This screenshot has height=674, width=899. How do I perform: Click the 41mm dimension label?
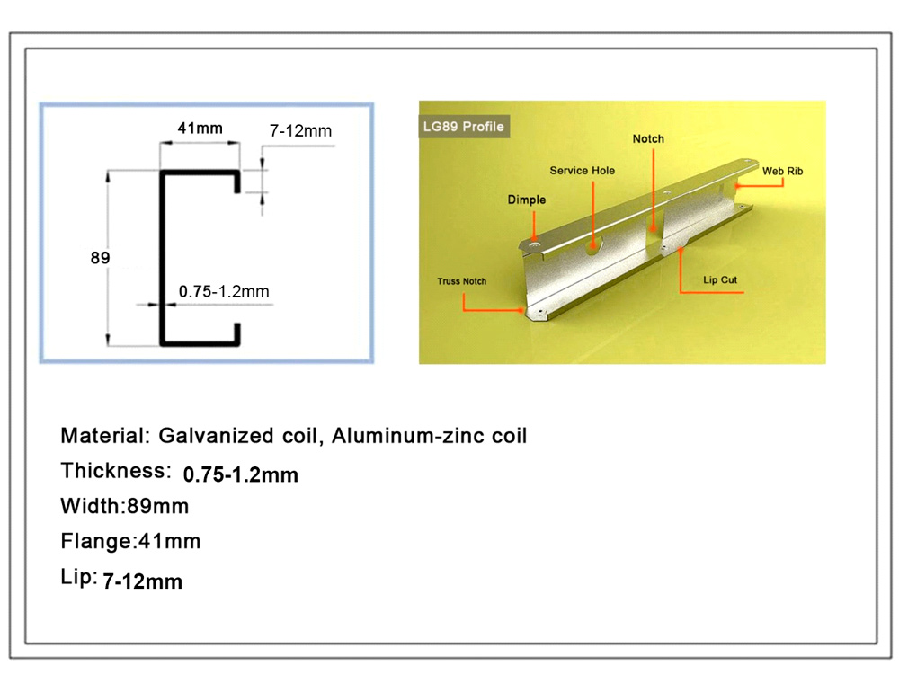(200, 128)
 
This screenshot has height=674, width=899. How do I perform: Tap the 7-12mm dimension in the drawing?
(300, 130)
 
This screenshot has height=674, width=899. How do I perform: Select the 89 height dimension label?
(100, 258)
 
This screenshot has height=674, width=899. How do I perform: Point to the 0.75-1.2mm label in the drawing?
(224, 291)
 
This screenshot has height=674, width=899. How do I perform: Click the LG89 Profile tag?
(464, 127)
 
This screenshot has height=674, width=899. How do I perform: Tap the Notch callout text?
(648, 138)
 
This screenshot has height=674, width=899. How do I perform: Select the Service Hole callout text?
(582, 170)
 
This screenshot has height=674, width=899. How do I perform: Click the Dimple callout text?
(526, 200)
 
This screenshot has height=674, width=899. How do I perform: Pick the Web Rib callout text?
(783, 171)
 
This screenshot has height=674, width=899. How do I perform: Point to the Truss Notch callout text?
(461, 280)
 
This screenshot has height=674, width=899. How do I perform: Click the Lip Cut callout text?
(720, 279)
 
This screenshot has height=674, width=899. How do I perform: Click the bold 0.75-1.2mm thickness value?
(241, 474)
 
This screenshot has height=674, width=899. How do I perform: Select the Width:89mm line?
(124, 506)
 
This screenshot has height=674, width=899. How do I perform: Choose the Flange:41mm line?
(130, 541)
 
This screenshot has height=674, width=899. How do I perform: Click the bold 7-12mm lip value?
(143, 581)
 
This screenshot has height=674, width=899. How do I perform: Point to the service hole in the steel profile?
(593, 247)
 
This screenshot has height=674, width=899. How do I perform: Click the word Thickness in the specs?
(116, 471)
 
